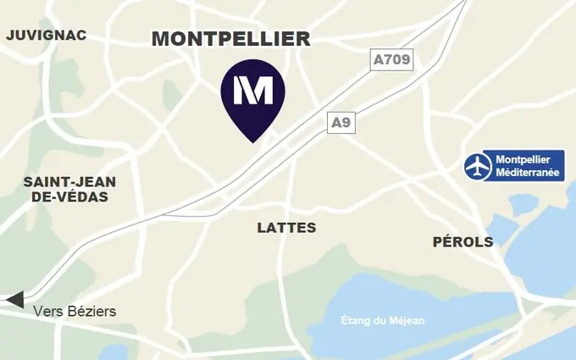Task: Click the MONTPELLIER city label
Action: pos(230,39)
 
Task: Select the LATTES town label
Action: pos(286,228)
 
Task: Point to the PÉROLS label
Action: pos(462,242)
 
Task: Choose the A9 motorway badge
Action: pos(341,123)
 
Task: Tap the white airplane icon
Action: pos(479,166)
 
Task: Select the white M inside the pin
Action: pos(252,89)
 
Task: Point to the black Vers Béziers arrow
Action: pos(14,300)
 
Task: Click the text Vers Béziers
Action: pos(75,312)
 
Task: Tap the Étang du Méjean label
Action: pos(382,320)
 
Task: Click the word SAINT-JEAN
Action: pos(69,182)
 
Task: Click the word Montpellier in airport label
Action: pos(523,159)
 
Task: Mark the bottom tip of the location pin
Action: pos(252,141)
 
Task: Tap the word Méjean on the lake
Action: pos(407,320)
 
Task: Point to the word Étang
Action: pos(356,320)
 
